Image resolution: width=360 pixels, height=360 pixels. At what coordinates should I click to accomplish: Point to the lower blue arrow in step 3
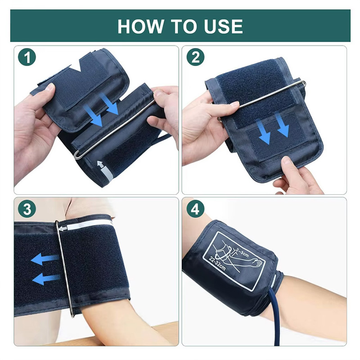pyautogui.click(x=46, y=278)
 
